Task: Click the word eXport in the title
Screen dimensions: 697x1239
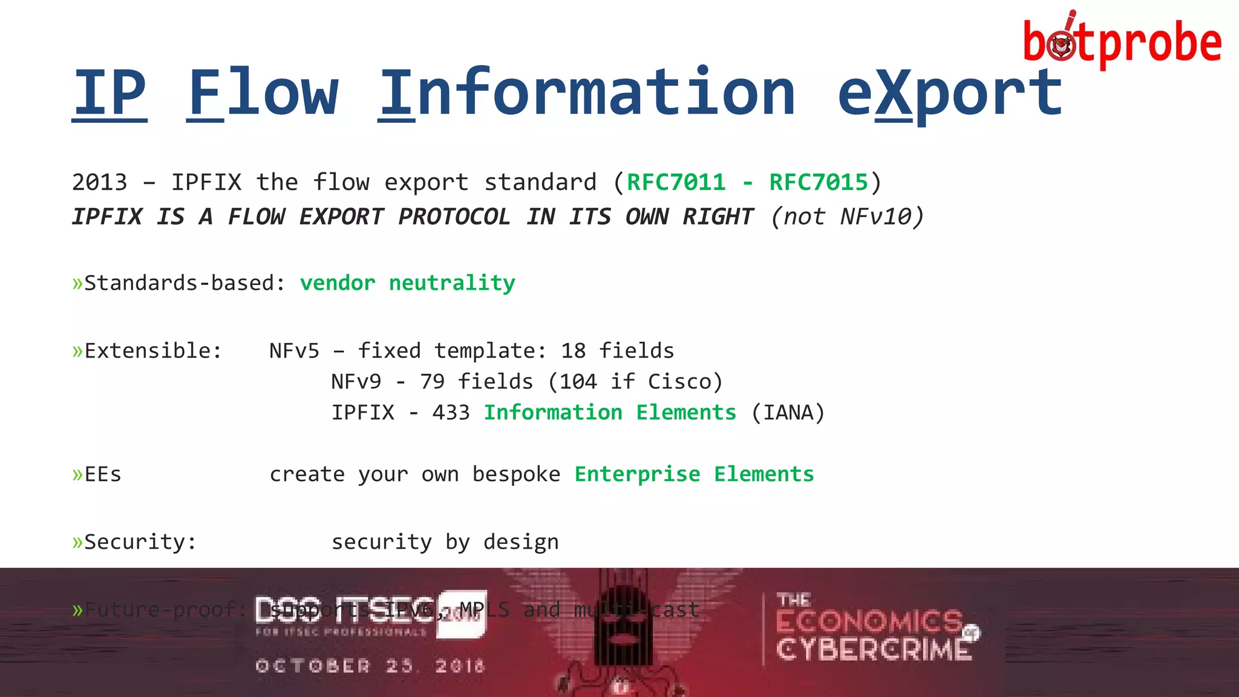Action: (950, 94)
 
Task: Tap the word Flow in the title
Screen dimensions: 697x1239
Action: (263, 94)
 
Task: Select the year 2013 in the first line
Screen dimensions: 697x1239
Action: (100, 182)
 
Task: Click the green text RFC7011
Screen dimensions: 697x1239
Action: (676, 182)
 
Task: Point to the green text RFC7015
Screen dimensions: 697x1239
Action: (818, 182)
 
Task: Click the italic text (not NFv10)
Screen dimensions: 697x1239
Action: (847, 217)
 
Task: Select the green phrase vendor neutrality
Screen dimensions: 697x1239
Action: (407, 283)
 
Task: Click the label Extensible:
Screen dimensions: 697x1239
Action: (152, 351)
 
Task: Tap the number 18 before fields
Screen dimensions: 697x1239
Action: (573, 351)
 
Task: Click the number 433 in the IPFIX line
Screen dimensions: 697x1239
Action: (451, 413)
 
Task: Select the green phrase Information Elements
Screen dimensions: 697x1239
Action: (610, 413)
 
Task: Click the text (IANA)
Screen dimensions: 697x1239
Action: (788, 413)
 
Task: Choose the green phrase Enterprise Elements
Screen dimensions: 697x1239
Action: (694, 474)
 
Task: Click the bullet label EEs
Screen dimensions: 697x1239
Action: (102, 474)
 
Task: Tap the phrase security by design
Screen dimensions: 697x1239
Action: (445, 542)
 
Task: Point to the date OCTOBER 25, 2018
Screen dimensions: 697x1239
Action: (370, 666)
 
